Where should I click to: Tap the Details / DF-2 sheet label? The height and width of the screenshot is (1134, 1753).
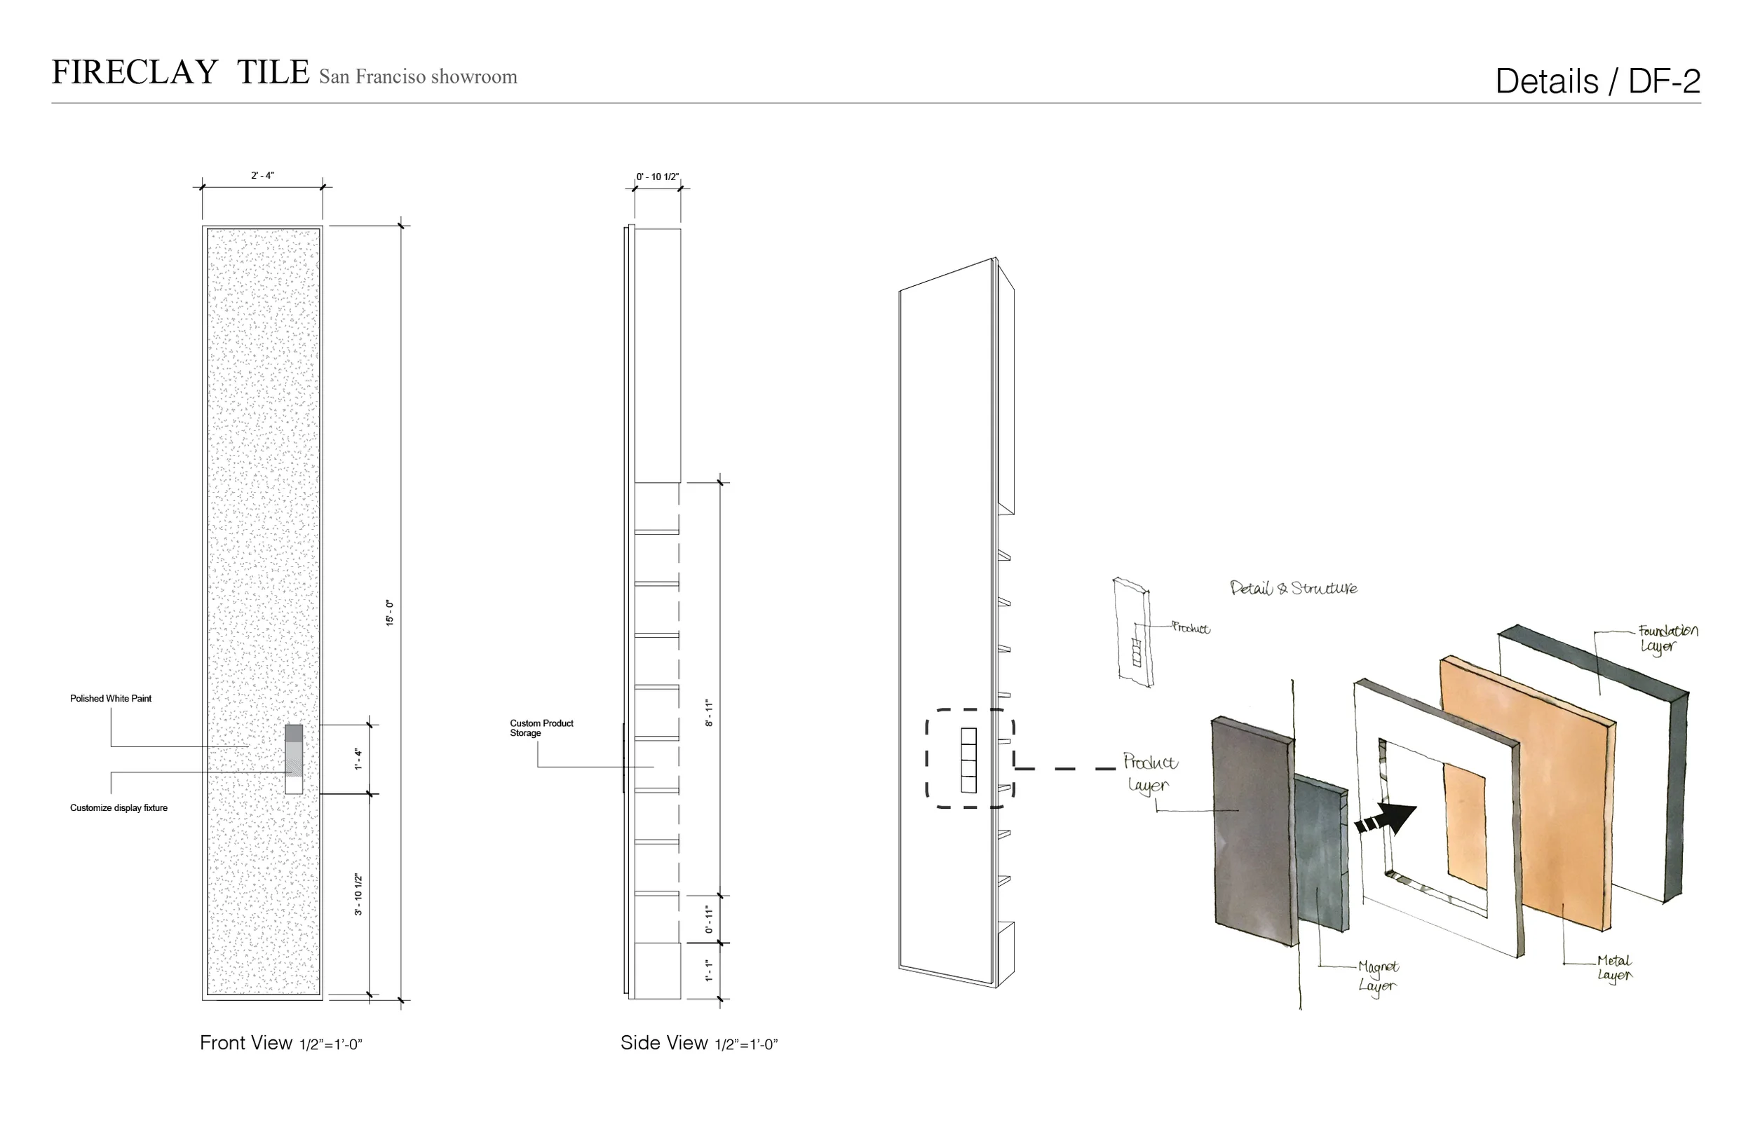[x=1597, y=82]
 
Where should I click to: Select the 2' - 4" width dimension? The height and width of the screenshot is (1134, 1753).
[x=262, y=176]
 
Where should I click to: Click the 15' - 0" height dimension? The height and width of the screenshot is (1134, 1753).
[x=390, y=613]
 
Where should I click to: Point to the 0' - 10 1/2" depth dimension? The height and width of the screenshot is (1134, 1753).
[x=657, y=177]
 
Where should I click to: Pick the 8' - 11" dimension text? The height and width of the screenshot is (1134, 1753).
[x=710, y=713]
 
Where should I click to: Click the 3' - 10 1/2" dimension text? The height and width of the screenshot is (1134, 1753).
[x=359, y=894]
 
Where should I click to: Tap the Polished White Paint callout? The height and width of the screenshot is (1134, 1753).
[x=111, y=699]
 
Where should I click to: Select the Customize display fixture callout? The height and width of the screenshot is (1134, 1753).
[x=119, y=808]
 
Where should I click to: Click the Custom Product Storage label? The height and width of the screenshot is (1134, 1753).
[x=541, y=727]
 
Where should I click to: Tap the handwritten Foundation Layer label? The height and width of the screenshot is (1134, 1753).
[x=1667, y=638]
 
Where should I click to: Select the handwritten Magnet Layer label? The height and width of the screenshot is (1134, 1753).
[x=1378, y=976]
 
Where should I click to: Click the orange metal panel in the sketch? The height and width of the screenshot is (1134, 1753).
[x=1562, y=795]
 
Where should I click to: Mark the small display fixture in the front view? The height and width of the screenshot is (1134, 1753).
[x=294, y=759]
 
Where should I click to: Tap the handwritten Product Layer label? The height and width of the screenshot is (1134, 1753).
[x=1149, y=772]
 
